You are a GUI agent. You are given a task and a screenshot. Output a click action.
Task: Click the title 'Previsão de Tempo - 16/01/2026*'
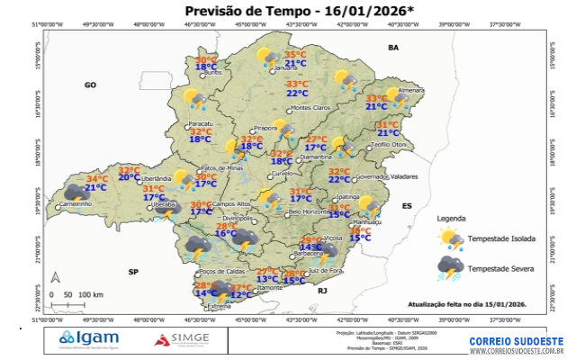[283, 11]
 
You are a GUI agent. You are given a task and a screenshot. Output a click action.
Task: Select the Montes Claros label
[310, 108]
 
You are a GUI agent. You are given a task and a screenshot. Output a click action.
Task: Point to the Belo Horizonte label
[308, 211]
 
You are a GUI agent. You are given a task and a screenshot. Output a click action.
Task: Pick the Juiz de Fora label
[325, 270]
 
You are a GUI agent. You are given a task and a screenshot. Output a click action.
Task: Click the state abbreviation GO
[90, 85]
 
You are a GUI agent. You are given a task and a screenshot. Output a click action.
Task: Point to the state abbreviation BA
[392, 46]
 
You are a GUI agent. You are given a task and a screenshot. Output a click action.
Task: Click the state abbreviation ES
[407, 206]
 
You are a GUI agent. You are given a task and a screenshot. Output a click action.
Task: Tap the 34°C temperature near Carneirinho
[96, 179]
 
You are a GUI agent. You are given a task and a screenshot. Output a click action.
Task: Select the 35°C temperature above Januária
[295, 55]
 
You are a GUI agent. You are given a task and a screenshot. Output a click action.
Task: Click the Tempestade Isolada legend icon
[448, 238]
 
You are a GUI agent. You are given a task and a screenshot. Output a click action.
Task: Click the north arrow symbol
[56, 278]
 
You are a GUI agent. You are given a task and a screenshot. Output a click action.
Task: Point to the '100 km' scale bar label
[90, 294]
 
